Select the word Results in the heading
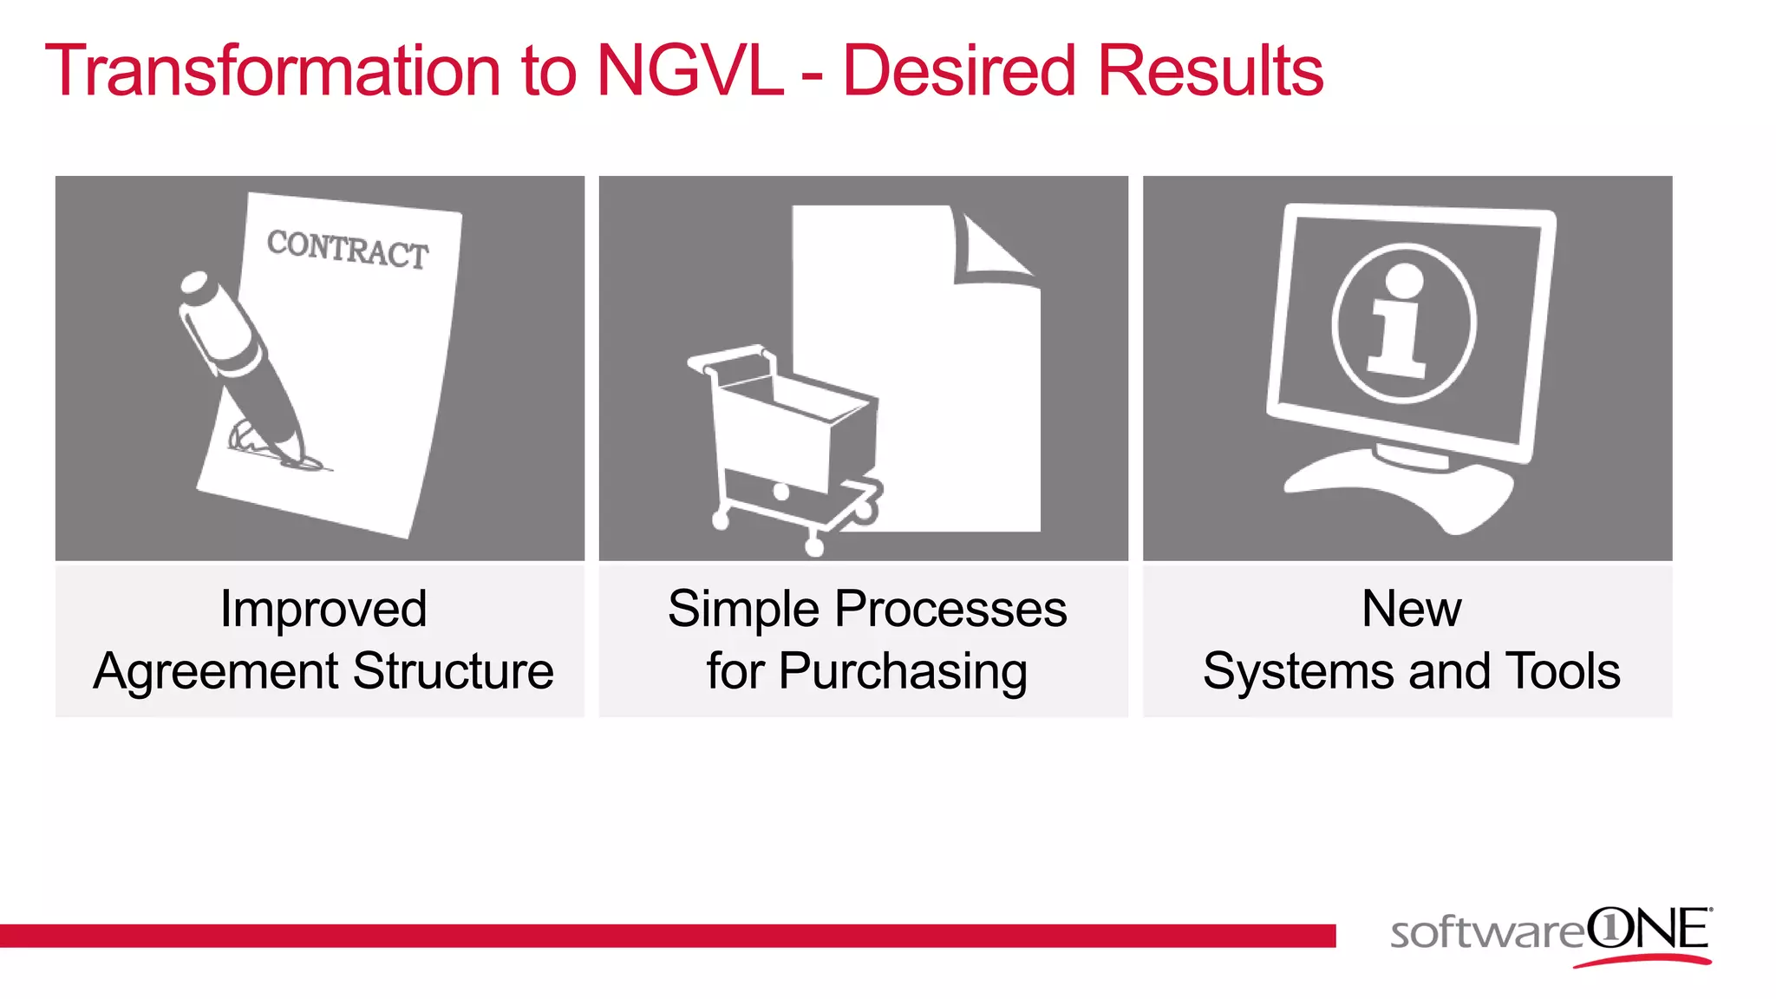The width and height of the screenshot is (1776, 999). pyautogui.click(x=1210, y=71)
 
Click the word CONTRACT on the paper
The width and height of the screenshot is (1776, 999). pyautogui.click(x=348, y=250)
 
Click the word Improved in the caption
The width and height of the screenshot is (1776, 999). pyautogui.click(x=323, y=609)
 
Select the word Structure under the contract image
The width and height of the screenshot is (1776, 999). pyautogui.click(x=453, y=671)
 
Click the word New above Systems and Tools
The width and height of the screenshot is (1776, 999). pyautogui.click(x=1411, y=609)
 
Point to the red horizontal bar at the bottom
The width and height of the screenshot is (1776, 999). pyautogui.click(x=668, y=936)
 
